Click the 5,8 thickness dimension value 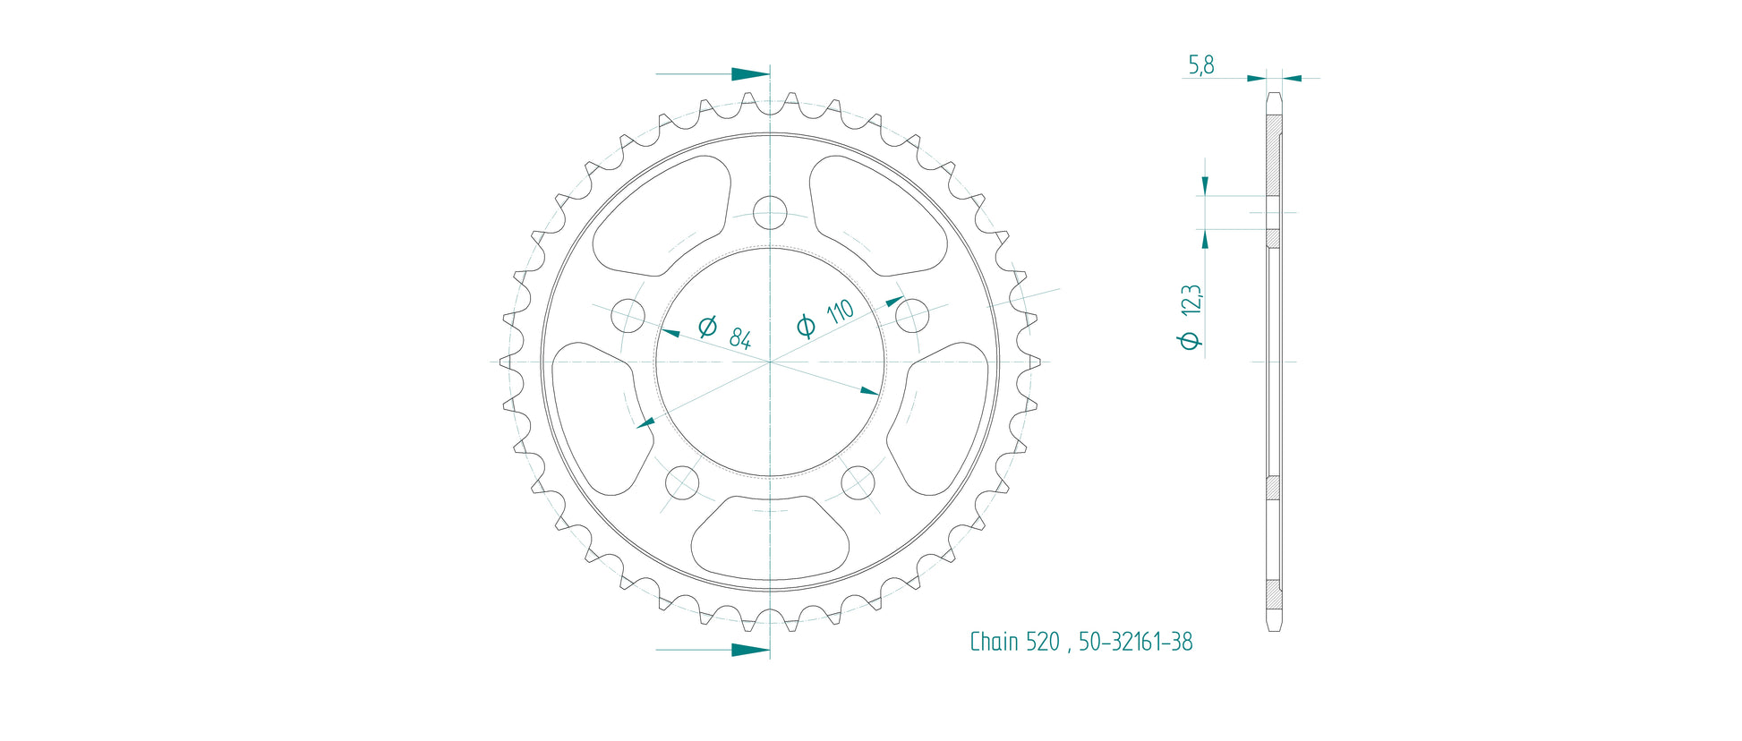tap(1200, 65)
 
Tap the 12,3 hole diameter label tap(1191, 301)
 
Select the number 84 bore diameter tap(739, 337)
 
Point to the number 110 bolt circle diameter tap(841, 311)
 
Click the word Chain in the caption tap(995, 642)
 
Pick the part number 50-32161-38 tap(1135, 642)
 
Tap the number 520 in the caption tap(1043, 642)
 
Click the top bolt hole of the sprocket tap(770, 213)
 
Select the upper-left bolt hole tap(628, 315)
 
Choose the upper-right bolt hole tap(911, 315)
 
